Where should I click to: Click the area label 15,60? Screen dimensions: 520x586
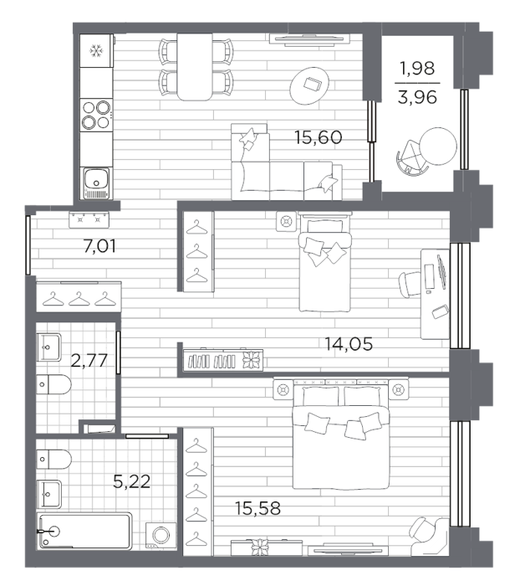[x=318, y=137]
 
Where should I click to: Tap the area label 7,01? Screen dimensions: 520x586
[x=99, y=246]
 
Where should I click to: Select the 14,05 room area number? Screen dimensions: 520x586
[x=349, y=344]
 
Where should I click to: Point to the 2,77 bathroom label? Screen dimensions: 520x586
[x=89, y=360]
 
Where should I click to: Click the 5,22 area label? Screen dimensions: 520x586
[x=132, y=481]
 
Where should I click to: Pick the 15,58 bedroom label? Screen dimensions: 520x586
[x=257, y=508]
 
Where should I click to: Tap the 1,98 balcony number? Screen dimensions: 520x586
[x=417, y=69]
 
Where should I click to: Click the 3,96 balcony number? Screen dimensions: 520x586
[x=417, y=98]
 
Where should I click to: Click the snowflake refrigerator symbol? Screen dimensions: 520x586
[x=96, y=51]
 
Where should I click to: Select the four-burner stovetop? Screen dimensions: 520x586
[x=96, y=115]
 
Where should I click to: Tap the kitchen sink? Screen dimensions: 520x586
[x=97, y=182]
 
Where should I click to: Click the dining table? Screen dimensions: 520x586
[x=195, y=67]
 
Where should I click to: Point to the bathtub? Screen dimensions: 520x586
[x=84, y=531]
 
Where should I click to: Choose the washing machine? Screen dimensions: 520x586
[x=161, y=535]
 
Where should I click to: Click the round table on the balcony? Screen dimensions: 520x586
[x=438, y=146]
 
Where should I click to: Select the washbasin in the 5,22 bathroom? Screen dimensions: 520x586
[x=48, y=494]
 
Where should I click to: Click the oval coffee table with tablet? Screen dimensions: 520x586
[x=309, y=86]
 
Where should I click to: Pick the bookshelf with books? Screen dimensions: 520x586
[x=223, y=360]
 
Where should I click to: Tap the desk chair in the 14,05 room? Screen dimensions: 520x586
[x=410, y=284]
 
